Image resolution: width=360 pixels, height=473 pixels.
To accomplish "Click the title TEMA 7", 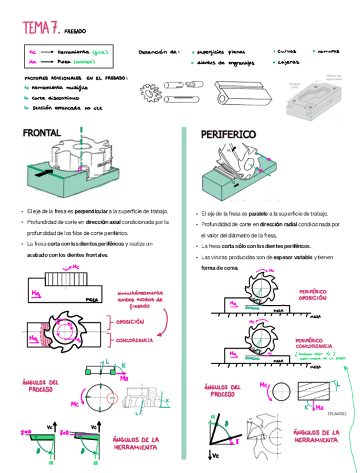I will click(41, 27).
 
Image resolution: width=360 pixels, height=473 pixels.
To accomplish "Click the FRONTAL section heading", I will click(42, 133).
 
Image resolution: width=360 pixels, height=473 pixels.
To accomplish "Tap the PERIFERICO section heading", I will click(228, 134).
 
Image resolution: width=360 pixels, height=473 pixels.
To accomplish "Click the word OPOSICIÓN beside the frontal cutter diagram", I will click(130, 322).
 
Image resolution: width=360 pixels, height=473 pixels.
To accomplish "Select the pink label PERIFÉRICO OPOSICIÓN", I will click(313, 295).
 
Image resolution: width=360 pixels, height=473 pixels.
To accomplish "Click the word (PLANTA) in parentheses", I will click(337, 413).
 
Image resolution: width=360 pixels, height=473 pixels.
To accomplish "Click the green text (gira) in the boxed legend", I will click(100, 52).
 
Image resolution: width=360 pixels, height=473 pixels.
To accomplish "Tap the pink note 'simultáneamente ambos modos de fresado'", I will click(139, 300).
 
